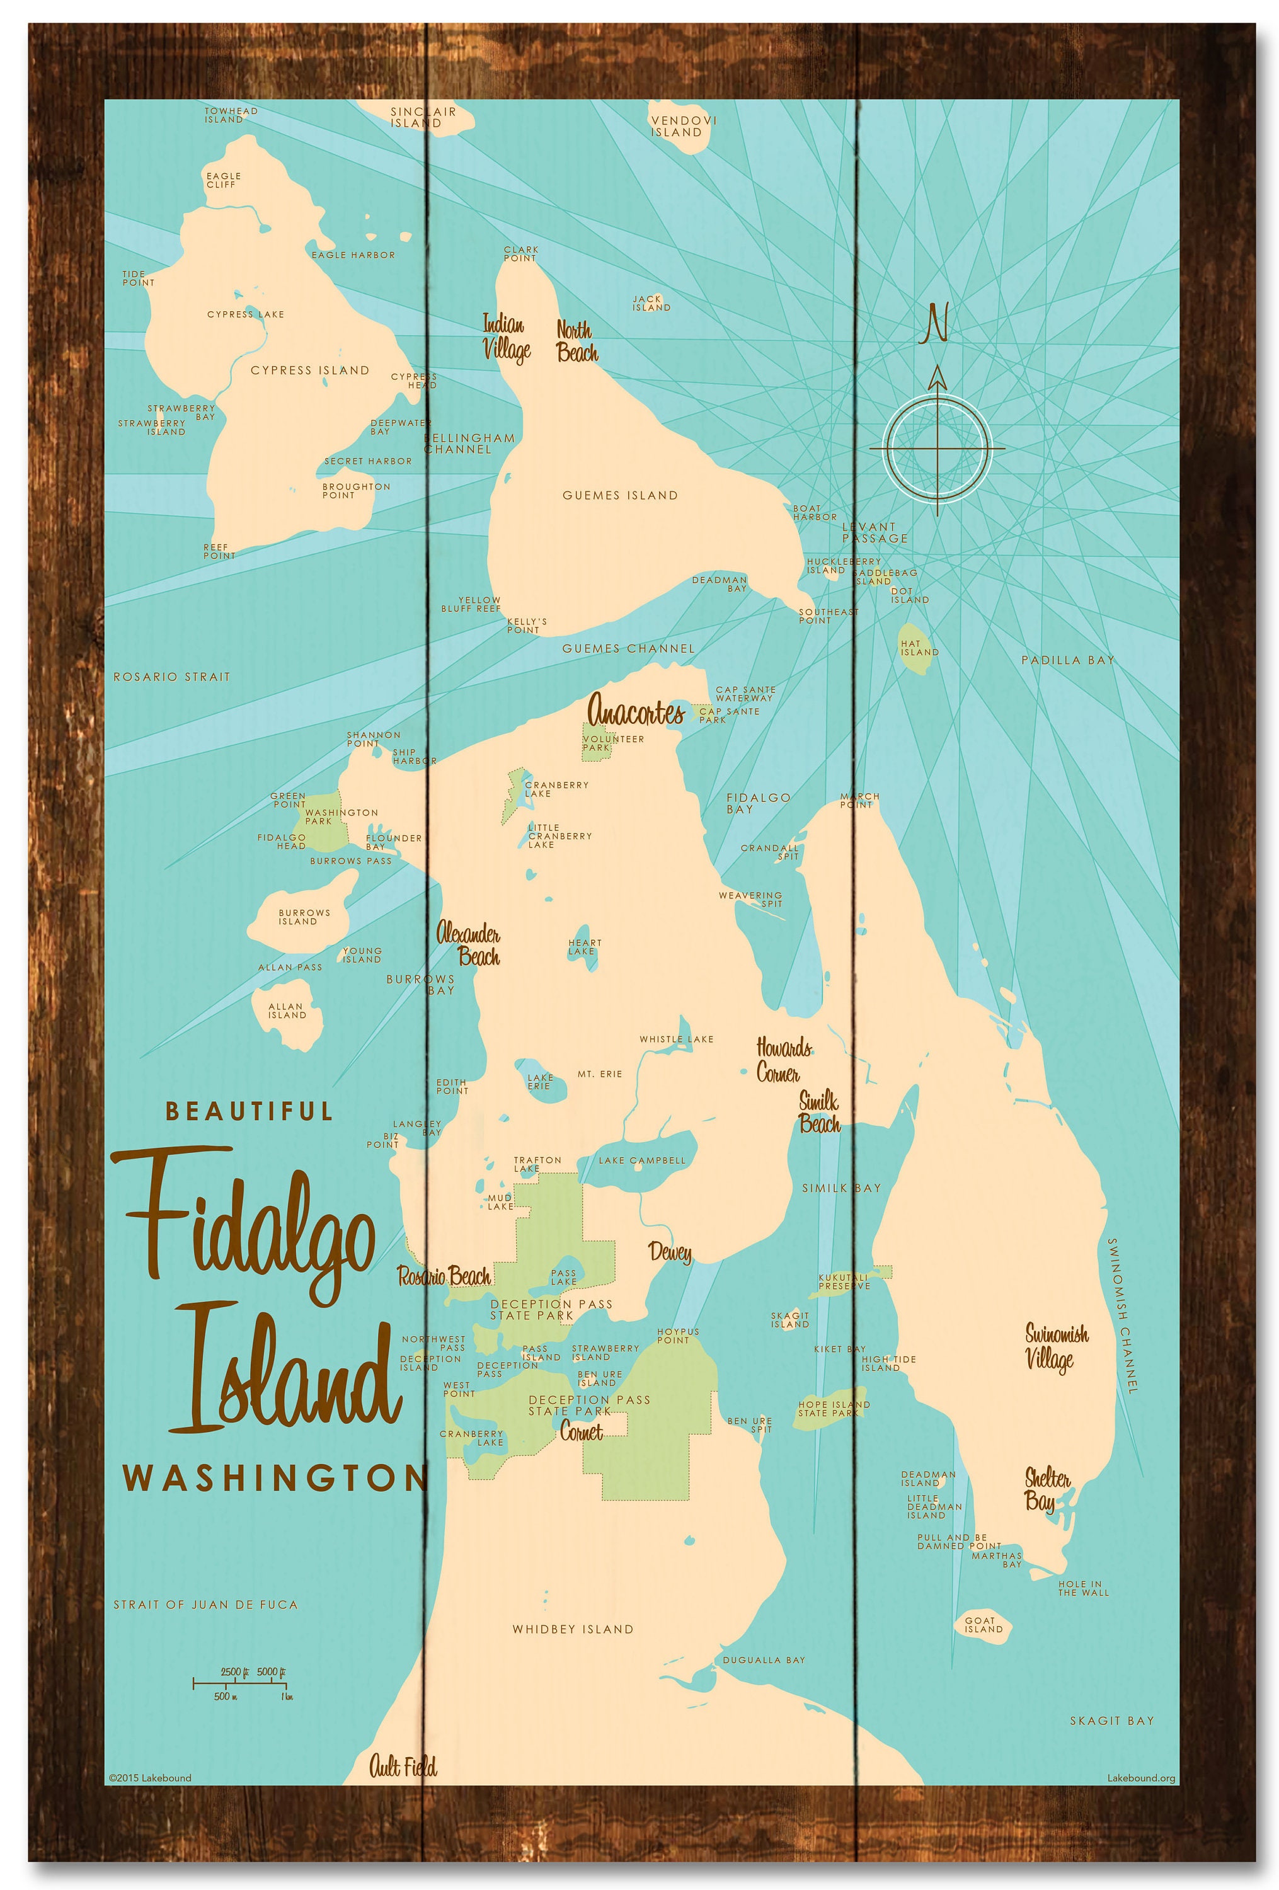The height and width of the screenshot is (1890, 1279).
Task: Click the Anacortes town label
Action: (x=635, y=713)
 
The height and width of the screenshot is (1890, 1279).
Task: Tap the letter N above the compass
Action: (x=937, y=323)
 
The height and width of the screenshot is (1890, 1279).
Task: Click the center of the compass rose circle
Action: (x=937, y=448)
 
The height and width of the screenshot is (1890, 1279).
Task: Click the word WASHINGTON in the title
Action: (x=275, y=1478)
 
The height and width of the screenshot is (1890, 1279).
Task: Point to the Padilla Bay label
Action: (x=1067, y=660)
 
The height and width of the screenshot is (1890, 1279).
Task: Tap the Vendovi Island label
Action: (x=683, y=126)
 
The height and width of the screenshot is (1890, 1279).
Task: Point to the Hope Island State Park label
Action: (x=833, y=1409)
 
